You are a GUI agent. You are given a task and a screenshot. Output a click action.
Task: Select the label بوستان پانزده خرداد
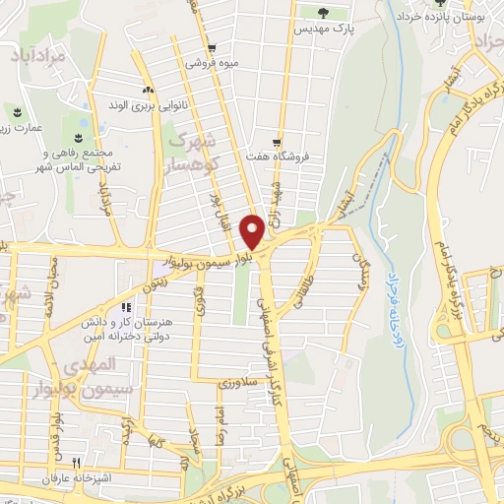point(438,17)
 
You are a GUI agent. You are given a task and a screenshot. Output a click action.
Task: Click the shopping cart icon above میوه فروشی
point(212,47)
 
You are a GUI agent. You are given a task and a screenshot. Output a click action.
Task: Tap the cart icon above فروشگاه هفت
point(279,140)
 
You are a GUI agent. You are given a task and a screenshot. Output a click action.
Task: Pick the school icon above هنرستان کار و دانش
point(126,307)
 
